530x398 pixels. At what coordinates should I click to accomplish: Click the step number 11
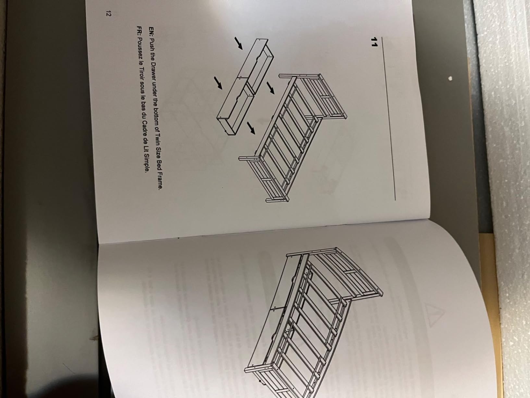pos(374,42)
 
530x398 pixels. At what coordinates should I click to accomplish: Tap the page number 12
pos(108,14)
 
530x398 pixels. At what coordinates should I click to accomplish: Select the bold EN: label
pos(151,32)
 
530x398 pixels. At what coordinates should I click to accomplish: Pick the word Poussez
pos(140,47)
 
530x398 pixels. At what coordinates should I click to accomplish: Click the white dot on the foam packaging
pos(450,78)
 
